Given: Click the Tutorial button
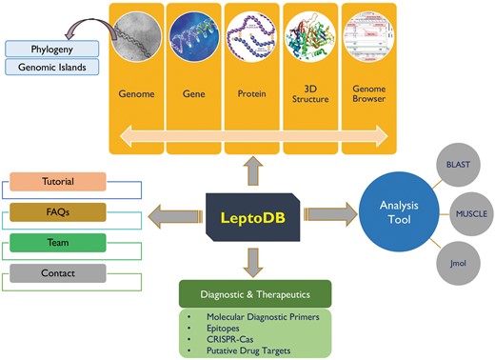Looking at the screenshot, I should pyautogui.click(x=58, y=181).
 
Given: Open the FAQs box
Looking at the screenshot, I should pyautogui.click(x=58, y=211).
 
